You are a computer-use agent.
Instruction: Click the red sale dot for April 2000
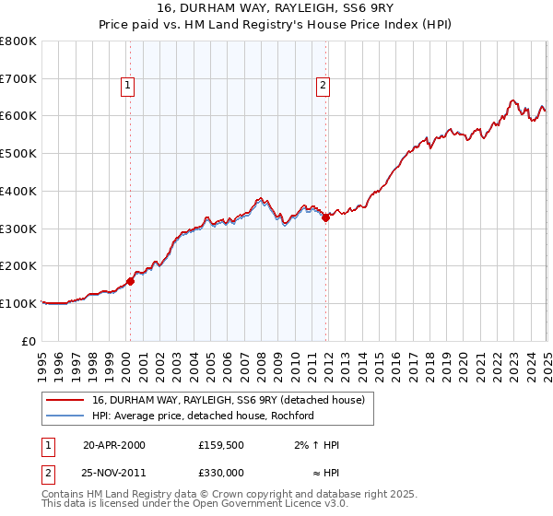tap(130, 281)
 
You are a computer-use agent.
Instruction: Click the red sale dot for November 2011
tap(325, 217)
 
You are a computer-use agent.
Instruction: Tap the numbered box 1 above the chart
tap(128, 87)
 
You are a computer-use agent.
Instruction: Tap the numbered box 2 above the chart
tap(323, 87)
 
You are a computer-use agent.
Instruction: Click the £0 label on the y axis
tap(29, 341)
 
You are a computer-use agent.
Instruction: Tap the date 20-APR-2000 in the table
tap(114, 445)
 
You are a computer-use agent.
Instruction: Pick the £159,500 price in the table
tap(221, 445)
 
